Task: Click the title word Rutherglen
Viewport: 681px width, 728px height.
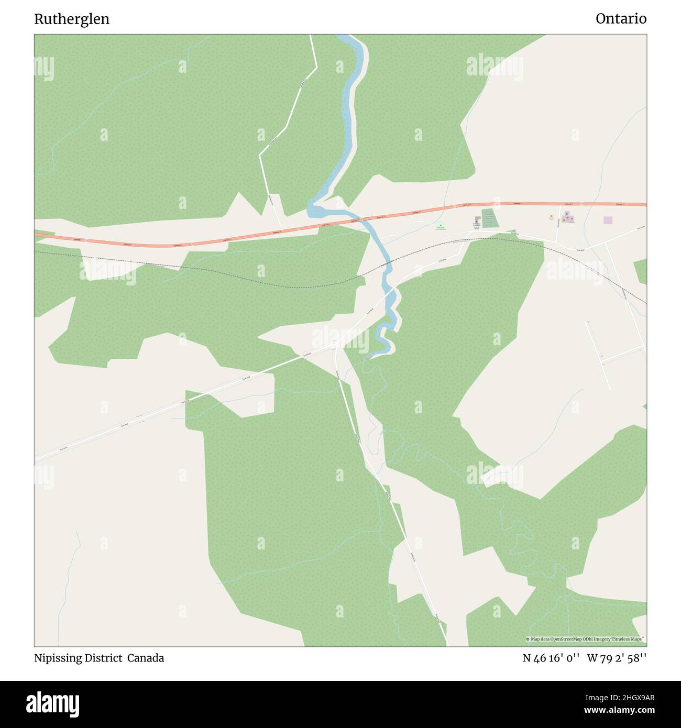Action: pyautogui.click(x=72, y=19)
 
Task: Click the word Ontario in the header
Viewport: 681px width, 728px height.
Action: pyautogui.click(x=621, y=19)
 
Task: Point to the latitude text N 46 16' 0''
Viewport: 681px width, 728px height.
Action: pyautogui.click(x=551, y=658)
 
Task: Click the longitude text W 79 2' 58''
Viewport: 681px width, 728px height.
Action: pyautogui.click(x=617, y=658)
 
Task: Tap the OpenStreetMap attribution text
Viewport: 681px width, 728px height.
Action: pyautogui.click(x=585, y=639)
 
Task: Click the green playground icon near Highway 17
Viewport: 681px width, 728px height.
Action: pyautogui.click(x=441, y=226)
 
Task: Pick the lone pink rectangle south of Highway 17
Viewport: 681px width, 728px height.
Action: pyautogui.click(x=608, y=220)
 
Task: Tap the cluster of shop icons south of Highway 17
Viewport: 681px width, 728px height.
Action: pyautogui.click(x=567, y=218)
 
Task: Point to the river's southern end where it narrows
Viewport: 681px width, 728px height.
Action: pyautogui.click(x=373, y=356)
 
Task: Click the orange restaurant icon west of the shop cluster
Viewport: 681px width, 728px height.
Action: pyautogui.click(x=551, y=216)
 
